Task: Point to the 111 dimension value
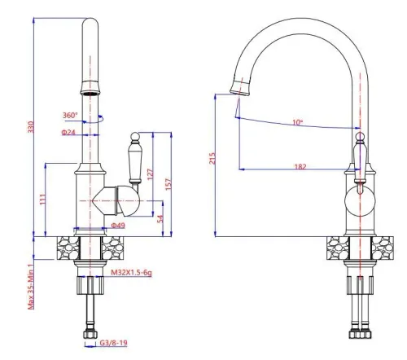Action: coord(42,198)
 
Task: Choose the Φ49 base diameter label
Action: coord(117,226)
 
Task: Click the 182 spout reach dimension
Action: coord(300,166)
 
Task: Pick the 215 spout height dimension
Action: coord(213,160)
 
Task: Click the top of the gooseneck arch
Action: coord(298,18)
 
